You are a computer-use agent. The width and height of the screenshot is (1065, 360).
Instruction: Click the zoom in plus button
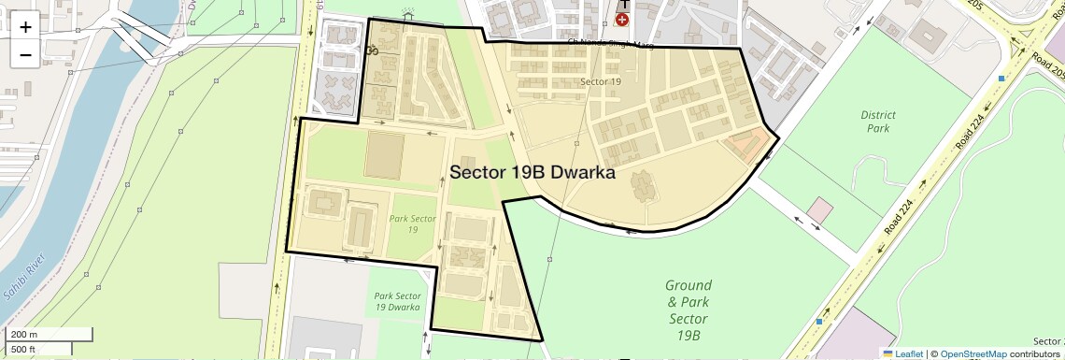pos(25,26)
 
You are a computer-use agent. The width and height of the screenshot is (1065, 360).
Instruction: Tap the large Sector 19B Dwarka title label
pos(532,172)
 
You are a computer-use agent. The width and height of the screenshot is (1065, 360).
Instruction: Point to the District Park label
pos(877,122)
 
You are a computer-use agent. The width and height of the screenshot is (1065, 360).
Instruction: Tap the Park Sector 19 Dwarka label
pos(398,301)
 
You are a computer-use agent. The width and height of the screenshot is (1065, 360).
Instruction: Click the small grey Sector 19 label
pos(601,82)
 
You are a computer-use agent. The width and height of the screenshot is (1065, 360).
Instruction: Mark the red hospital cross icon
pos(622,20)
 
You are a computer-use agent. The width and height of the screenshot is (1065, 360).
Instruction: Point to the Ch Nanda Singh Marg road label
pos(611,44)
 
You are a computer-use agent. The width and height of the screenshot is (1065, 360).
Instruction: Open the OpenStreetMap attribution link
pos(973,353)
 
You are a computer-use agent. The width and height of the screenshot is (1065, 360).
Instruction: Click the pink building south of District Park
pos(820,209)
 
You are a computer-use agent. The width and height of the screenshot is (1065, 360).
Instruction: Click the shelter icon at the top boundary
pos(406,14)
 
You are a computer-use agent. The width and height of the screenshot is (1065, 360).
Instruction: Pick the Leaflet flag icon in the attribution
pos(887,353)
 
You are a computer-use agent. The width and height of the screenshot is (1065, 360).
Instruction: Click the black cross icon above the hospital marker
pos(622,5)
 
